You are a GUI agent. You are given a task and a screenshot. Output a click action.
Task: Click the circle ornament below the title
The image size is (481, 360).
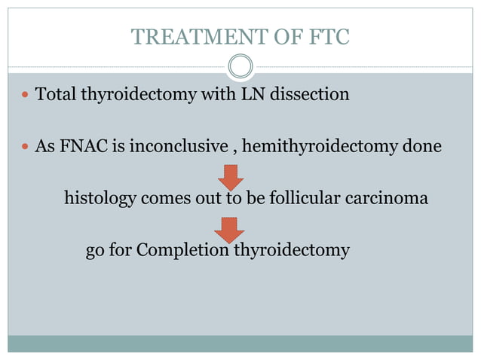[x=240, y=66]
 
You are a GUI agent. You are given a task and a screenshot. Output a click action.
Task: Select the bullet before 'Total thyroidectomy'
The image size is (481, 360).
[x=26, y=96]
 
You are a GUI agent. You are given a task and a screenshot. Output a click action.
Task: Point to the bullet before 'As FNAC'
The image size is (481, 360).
[x=26, y=145]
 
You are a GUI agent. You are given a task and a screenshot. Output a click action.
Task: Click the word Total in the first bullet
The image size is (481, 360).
[x=54, y=96]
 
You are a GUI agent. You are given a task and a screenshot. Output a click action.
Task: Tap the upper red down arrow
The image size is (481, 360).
[x=230, y=177]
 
